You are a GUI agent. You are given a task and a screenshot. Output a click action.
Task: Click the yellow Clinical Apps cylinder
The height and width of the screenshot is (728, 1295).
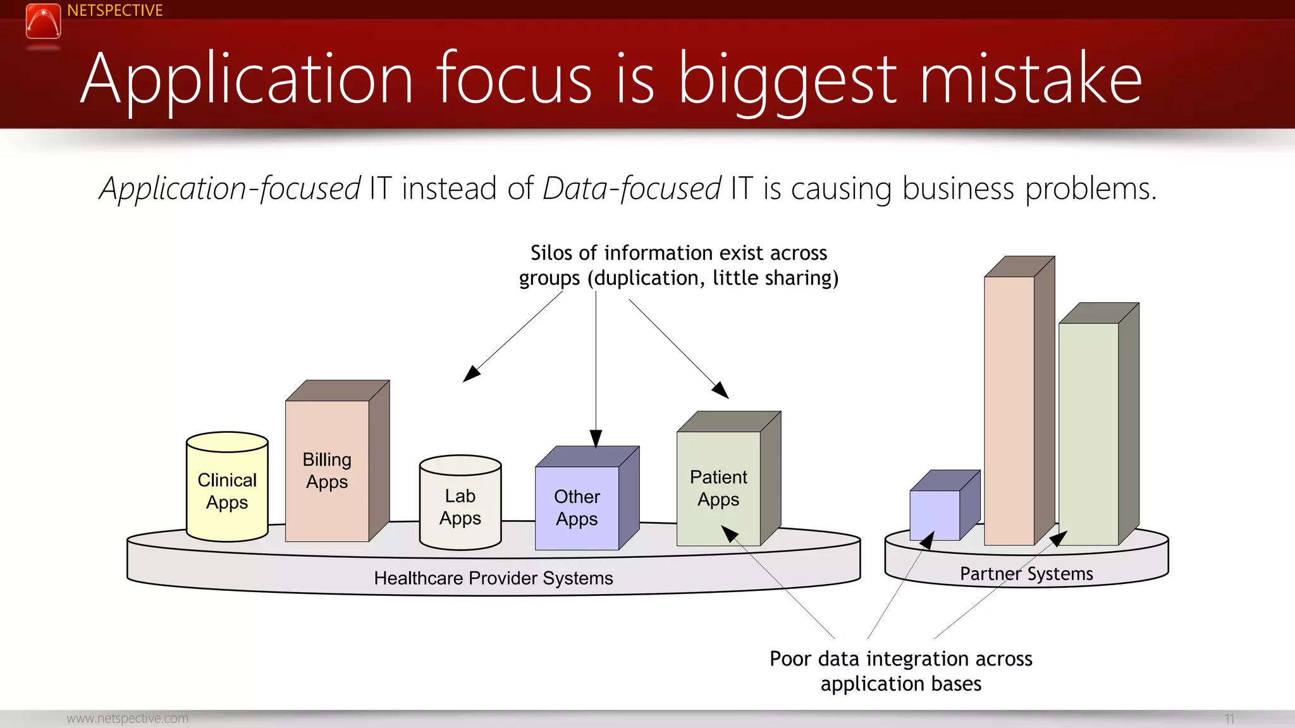pos(227,491)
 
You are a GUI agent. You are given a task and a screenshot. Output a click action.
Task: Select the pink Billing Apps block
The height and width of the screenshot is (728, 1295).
pos(327,471)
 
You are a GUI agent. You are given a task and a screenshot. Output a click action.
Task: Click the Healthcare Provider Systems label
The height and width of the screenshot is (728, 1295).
pos(493,578)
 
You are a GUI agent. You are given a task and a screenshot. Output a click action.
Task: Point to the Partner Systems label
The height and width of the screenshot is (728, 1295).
pos(1026,574)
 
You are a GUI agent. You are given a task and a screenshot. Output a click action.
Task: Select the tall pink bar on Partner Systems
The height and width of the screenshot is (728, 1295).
pos(1009,411)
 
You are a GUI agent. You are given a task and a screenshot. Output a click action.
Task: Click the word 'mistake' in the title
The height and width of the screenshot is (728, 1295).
pos(1031,79)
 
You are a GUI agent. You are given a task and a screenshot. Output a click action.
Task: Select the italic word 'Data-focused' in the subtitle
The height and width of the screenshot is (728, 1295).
pos(632,189)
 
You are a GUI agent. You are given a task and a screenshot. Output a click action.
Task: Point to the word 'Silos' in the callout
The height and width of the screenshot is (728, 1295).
pos(551,253)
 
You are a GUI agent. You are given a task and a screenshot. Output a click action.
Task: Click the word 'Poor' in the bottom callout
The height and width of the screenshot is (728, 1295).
pos(790,658)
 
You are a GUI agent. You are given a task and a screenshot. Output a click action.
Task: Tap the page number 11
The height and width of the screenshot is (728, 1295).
pos(1229,719)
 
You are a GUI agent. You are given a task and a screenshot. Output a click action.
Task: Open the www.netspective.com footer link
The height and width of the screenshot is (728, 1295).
pos(127,719)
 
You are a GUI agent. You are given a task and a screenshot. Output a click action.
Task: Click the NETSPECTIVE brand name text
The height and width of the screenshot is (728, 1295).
pos(114,11)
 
